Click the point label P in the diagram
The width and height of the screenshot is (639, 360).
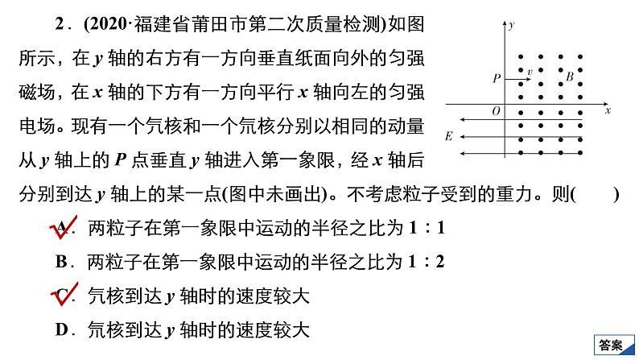point(497,78)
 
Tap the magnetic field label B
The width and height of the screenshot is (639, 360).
point(569,77)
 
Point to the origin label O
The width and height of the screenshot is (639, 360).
point(496,111)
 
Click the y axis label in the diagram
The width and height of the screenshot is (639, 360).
point(513,27)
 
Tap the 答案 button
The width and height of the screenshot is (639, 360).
point(612,345)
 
